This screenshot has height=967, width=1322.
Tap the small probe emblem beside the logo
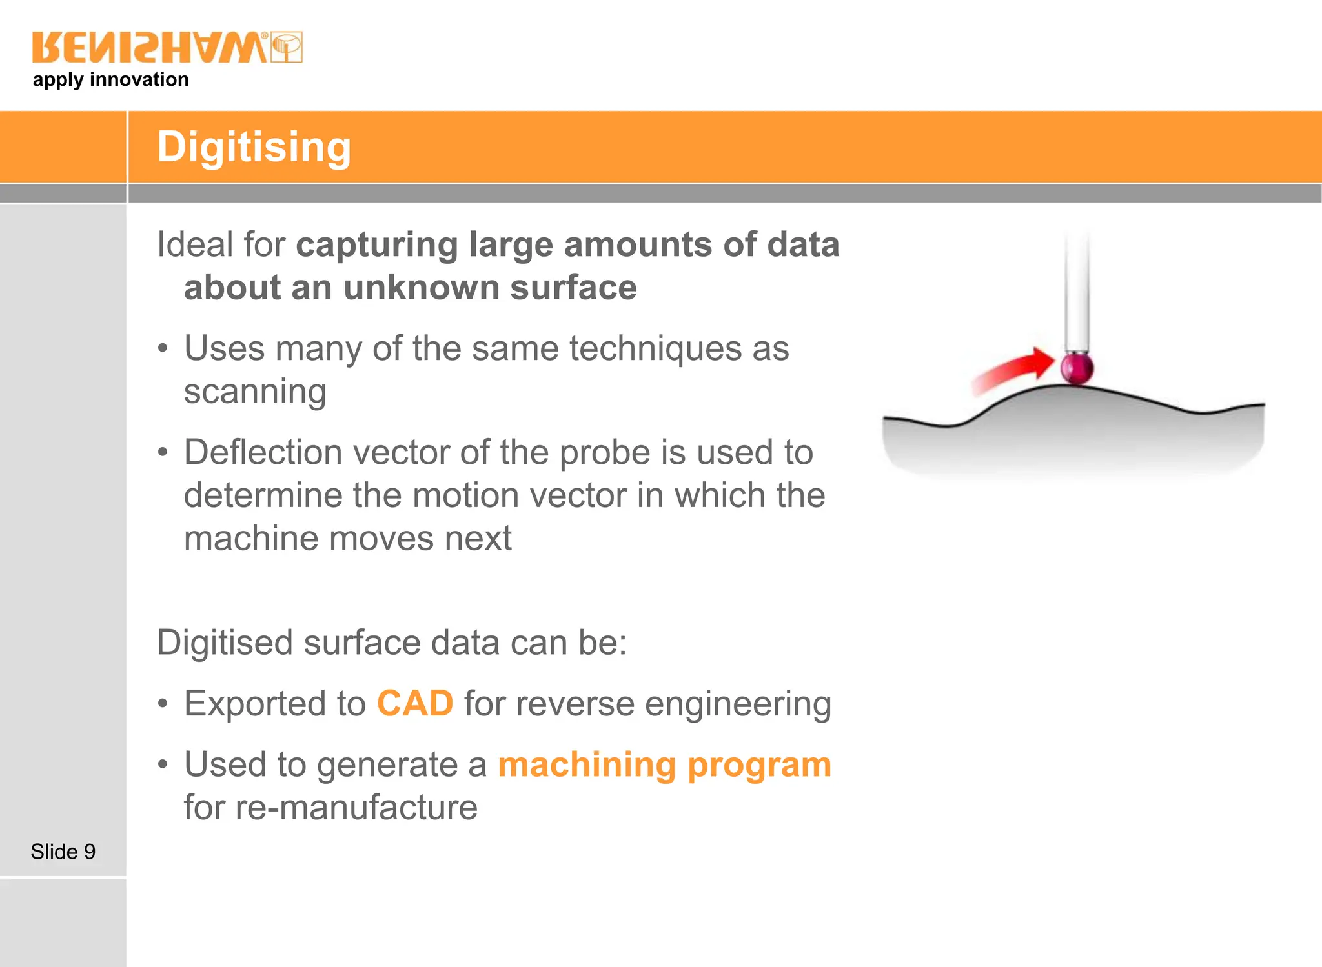(x=287, y=48)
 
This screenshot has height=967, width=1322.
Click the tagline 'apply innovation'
(x=111, y=80)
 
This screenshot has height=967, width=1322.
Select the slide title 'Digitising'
(x=254, y=147)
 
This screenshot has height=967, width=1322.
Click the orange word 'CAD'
(x=415, y=703)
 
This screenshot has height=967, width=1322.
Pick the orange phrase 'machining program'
(x=665, y=765)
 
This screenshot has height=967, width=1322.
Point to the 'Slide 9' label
(x=63, y=852)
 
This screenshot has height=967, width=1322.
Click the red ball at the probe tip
(x=1077, y=368)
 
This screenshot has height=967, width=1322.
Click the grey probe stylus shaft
(x=1077, y=290)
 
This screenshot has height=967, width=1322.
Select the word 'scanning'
(x=255, y=392)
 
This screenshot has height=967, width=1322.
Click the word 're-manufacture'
(x=356, y=808)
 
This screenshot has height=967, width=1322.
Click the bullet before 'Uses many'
(x=163, y=349)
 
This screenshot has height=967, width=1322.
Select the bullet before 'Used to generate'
(x=163, y=765)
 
